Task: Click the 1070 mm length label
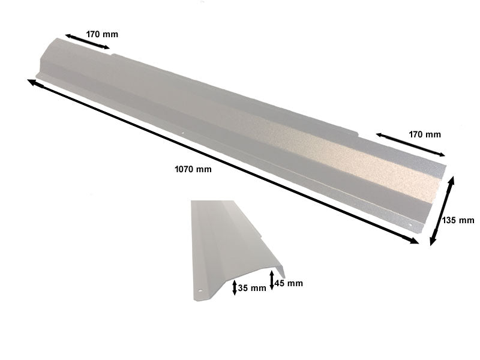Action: (x=193, y=169)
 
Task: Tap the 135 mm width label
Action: (x=458, y=220)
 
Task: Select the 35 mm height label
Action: (x=252, y=288)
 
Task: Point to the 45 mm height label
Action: (x=289, y=283)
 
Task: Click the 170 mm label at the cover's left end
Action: (x=102, y=34)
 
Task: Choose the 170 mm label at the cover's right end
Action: (x=425, y=134)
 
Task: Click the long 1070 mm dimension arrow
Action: (x=223, y=161)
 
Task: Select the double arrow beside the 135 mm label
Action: (x=442, y=211)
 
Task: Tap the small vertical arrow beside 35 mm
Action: (x=235, y=288)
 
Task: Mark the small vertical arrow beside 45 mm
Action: (x=272, y=280)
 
